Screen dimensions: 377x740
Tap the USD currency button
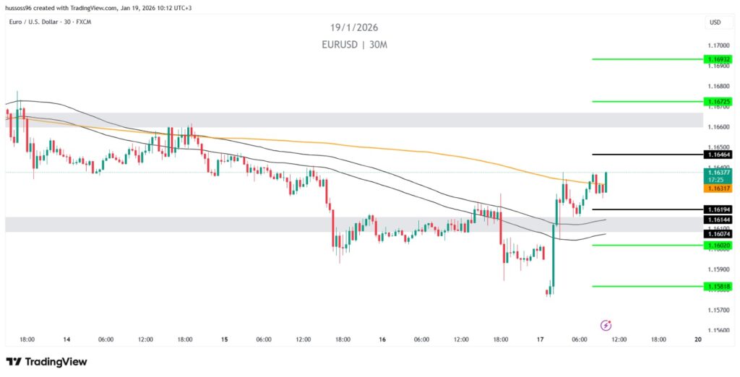pos(715,22)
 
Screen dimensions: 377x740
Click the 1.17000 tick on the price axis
pos(719,45)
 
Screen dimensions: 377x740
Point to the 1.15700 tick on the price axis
pos(719,311)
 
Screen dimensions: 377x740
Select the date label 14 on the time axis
pos(66,339)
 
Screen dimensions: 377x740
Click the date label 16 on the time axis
pos(382,339)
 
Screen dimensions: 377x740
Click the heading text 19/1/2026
pos(355,27)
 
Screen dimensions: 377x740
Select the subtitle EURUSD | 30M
pos(355,44)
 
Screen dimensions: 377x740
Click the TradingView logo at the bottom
pos(46,361)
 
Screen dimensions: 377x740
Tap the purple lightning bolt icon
pos(607,325)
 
